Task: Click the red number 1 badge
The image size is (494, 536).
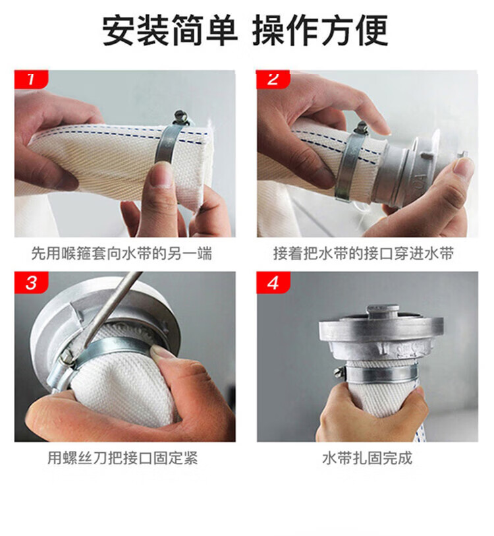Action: [x=31, y=79]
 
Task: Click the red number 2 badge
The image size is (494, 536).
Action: [x=273, y=79]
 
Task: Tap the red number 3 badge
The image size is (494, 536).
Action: [x=31, y=282]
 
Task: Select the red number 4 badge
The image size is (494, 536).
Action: [x=273, y=282]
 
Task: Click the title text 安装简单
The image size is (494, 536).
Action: [x=170, y=30]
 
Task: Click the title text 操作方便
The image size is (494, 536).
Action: [x=320, y=30]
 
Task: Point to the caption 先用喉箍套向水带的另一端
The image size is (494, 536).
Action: [x=122, y=253]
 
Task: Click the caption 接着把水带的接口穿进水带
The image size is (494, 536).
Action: [x=364, y=253]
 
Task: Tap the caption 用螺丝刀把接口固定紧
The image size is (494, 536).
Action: [x=123, y=458]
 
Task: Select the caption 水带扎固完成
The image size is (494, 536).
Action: [x=368, y=458]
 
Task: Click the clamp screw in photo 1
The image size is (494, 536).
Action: [x=180, y=117]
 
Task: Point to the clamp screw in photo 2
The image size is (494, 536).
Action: [x=361, y=128]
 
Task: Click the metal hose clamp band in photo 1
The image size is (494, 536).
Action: [x=167, y=144]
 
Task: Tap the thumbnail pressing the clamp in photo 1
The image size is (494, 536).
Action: [x=162, y=173]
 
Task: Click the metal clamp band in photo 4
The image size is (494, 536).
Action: [x=381, y=375]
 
